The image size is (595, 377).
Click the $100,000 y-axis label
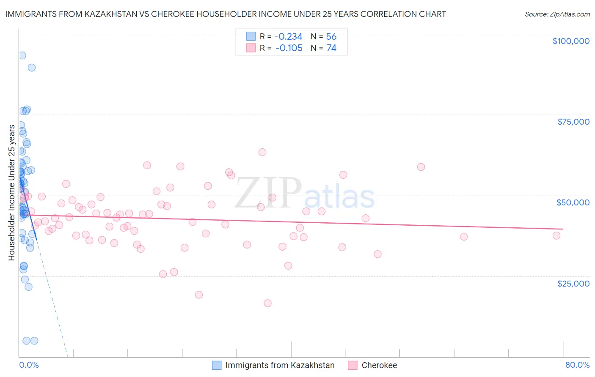tap(570, 41)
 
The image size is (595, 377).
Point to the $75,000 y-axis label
tap(573, 122)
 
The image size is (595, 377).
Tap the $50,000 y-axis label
tap(573, 202)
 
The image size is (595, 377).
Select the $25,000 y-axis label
tap(573, 283)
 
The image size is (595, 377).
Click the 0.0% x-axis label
tap(29, 365)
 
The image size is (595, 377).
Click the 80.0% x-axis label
tap(577, 365)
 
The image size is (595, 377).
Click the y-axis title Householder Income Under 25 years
tap(12, 193)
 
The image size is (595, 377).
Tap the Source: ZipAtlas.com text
tap(557, 14)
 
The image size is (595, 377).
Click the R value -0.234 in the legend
tap(288, 36)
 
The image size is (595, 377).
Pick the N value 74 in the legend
tap(331, 48)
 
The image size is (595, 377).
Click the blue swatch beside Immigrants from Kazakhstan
tap(217, 365)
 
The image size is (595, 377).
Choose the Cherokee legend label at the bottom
tap(379, 365)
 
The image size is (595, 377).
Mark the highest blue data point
tap(22, 55)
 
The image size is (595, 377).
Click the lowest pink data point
tap(267, 303)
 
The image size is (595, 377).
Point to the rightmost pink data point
tap(556, 235)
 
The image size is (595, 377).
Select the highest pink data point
tap(262, 152)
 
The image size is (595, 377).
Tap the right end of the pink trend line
tap(563, 229)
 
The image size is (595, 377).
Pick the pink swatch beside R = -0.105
tap(251, 48)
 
